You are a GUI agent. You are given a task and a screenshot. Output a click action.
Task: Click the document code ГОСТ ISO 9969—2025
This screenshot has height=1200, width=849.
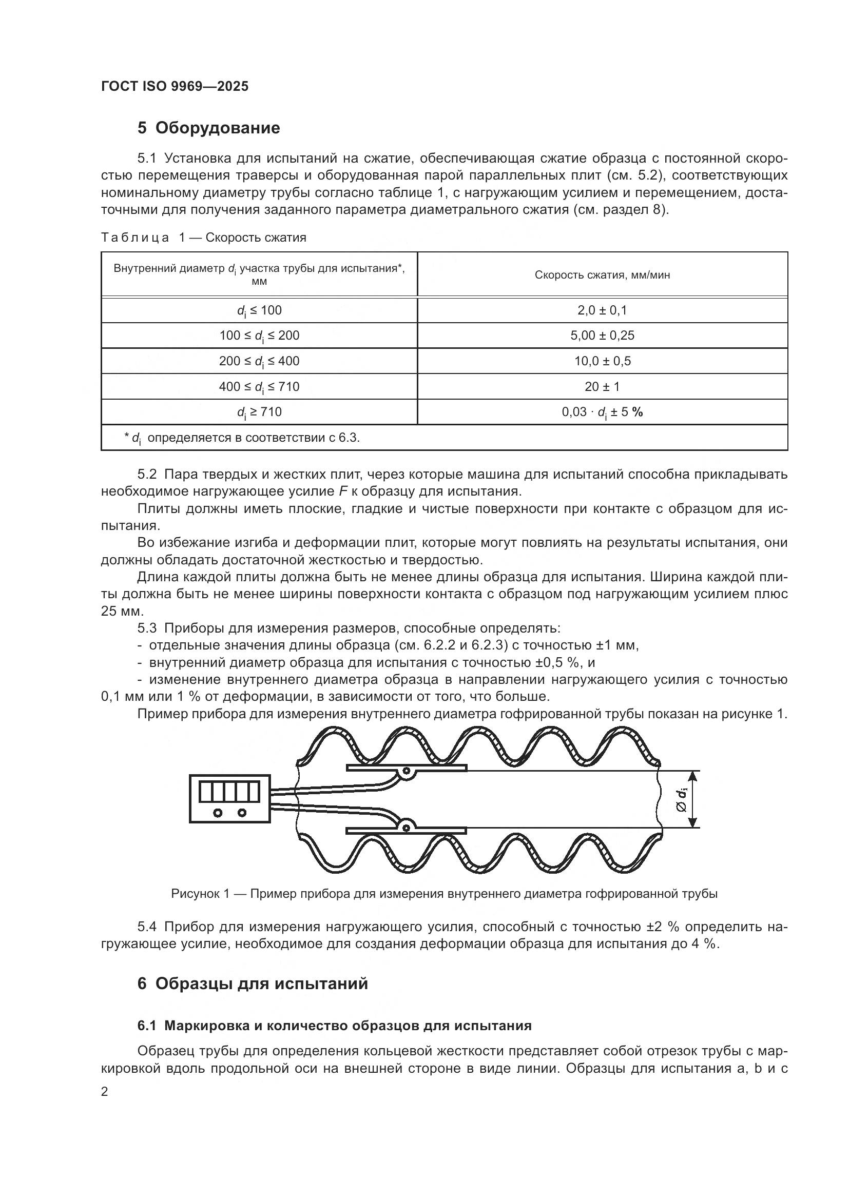[175, 86]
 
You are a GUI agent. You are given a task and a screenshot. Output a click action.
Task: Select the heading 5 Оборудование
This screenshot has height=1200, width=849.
[208, 128]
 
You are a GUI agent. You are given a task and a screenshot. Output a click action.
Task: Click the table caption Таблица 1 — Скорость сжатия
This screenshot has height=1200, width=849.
[203, 238]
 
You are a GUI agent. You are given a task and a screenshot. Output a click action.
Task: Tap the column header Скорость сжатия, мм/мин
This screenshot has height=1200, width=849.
[602, 275]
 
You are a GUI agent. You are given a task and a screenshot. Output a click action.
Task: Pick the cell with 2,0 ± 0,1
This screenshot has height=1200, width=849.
[602, 310]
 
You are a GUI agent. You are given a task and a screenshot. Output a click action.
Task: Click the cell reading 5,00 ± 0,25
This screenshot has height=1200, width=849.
[602, 336]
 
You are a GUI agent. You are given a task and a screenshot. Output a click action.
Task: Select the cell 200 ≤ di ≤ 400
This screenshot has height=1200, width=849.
[259, 361]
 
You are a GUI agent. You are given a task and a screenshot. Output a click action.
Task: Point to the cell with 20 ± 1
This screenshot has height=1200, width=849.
[602, 387]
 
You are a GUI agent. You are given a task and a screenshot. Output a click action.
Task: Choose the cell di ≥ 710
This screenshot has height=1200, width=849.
[259, 412]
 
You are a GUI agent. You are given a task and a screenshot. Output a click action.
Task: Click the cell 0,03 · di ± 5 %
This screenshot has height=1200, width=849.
[602, 412]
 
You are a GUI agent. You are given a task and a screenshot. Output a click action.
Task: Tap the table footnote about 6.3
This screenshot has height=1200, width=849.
[242, 438]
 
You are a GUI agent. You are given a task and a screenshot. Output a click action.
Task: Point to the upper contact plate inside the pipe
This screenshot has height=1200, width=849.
[406, 768]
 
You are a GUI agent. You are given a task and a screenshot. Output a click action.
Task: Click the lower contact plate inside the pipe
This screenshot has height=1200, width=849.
[406, 830]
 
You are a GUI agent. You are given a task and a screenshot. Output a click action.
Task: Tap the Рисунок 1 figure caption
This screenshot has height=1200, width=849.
[444, 894]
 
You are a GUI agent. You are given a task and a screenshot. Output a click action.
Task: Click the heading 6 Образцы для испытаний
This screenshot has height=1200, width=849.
[253, 983]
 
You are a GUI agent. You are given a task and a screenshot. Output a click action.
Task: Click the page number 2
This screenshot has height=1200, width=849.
[105, 1092]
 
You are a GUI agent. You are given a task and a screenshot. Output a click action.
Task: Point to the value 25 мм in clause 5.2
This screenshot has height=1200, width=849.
[121, 611]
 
